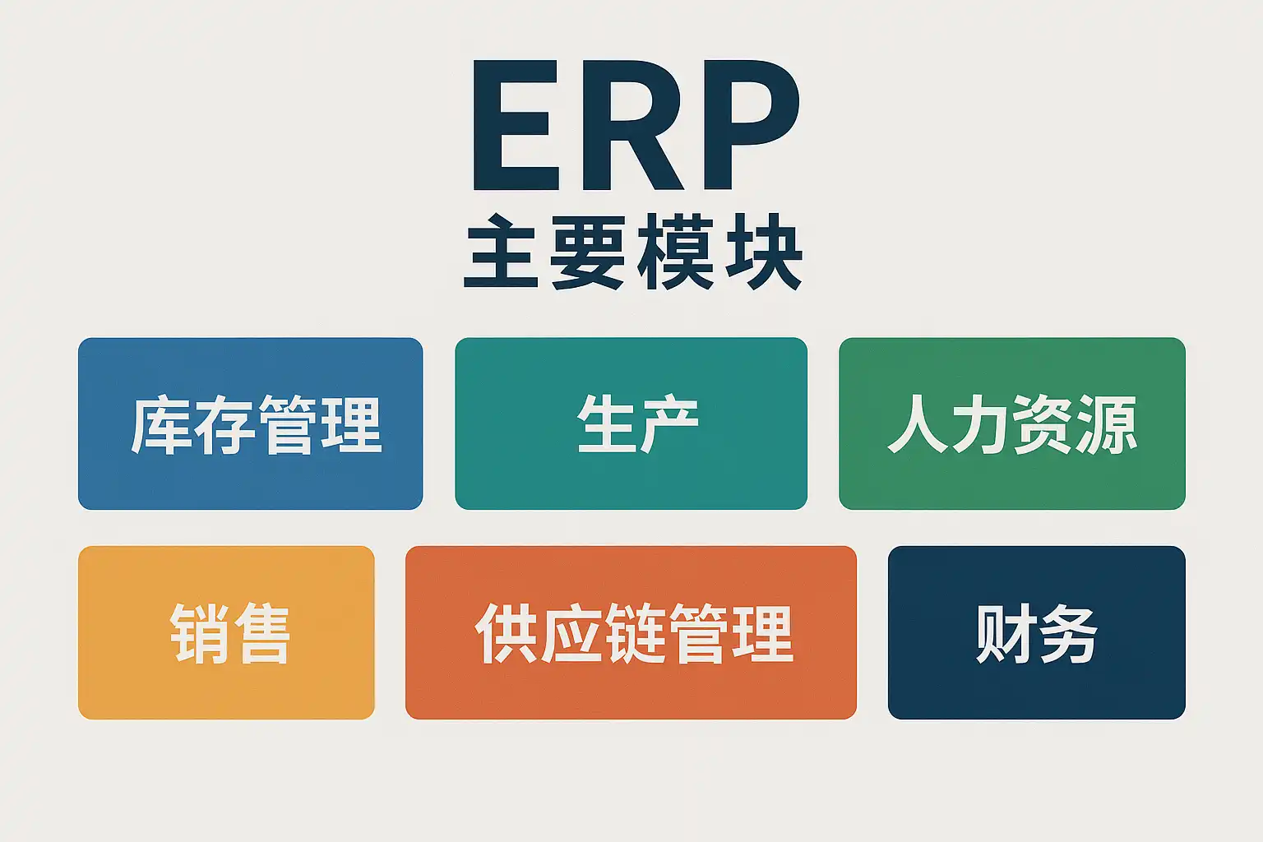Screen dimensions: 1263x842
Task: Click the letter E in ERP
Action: pos(516,125)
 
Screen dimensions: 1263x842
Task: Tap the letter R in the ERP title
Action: pos(634,125)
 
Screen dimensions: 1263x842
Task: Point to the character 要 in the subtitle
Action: pos(588,252)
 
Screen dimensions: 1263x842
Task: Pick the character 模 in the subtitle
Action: pos(675,252)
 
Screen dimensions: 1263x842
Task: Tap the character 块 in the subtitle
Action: pos(763,252)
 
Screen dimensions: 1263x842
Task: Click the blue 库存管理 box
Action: pos(250,423)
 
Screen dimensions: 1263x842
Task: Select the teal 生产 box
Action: pos(631,423)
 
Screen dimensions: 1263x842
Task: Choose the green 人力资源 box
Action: pos(1012,423)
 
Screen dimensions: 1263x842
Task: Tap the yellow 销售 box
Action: pos(226,632)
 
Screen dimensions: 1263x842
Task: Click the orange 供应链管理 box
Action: pos(631,632)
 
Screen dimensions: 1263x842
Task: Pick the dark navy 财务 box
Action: pos(1037,632)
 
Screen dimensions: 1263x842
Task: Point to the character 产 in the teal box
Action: pos(669,423)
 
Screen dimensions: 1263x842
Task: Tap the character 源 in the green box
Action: pos(1106,424)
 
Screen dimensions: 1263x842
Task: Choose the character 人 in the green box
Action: pos(918,424)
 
